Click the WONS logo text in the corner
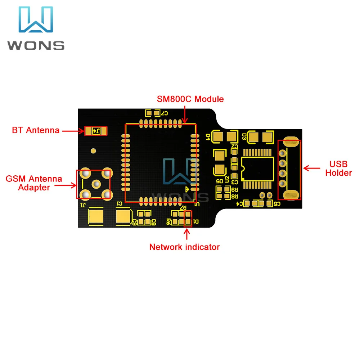tap(36, 45)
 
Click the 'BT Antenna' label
tap(36, 130)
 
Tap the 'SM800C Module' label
tap(190, 99)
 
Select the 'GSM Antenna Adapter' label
tap(34, 183)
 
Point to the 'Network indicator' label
tap(184, 247)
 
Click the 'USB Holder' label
tap(338, 168)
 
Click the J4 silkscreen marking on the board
tap(96, 131)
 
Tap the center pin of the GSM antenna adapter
tap(96, 185)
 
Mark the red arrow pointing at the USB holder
tap(312, 168)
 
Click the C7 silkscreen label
tap(165, 113)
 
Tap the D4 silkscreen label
tap(208, 137)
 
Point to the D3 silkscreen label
tap(244, 137)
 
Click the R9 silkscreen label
tap(236, 190)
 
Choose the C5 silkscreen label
tap(277, 204)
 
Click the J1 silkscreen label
tap(83, 205)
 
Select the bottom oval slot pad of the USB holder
tap(291, 195)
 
